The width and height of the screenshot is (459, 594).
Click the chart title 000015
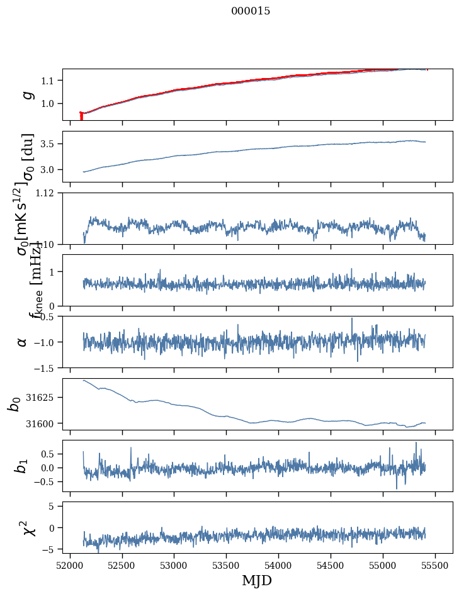pos(251,11)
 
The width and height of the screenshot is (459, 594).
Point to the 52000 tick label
pos(70,564)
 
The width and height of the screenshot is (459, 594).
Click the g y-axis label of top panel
pos(26,94)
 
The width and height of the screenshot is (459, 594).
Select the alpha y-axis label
pos(23,342)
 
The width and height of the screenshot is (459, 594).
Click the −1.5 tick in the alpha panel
pos(45,367)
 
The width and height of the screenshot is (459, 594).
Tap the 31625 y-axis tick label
pos(43,398)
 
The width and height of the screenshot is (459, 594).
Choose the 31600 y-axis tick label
pos(43,423)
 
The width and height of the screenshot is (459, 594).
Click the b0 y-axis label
pos(14,404)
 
